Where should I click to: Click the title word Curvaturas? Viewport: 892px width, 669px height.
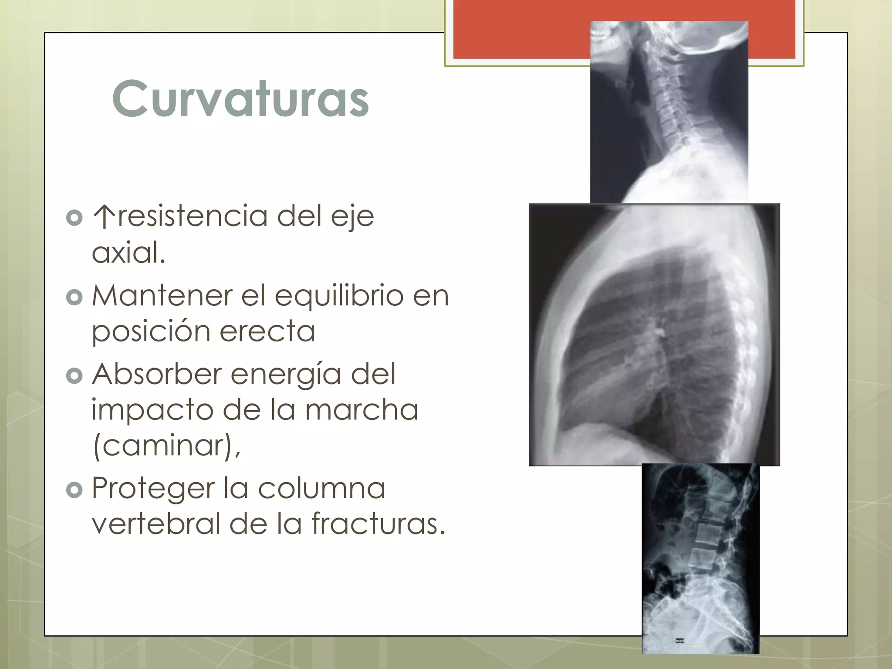click(x=240, y=99)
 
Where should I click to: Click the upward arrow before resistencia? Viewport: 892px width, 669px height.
click(x=104, y=216)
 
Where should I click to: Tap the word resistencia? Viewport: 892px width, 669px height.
click(x=193, y=216)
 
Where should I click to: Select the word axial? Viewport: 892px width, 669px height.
click(x=128, y=253)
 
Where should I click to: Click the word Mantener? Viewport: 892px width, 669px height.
click(x=162, y=296)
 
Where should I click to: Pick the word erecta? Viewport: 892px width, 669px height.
click(x=267, y=332)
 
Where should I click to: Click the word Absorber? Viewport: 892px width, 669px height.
click(x=157, y=374)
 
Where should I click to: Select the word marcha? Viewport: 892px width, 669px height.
click(x=362, y=410)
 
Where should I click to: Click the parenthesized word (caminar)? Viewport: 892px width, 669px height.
click(x=166, y=446)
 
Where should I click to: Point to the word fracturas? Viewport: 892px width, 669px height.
click(x=378, y=524)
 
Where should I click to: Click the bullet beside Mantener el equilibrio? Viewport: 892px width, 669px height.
click(x=74, y=297)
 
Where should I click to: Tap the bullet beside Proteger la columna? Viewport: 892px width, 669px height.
click(x=74, y=490)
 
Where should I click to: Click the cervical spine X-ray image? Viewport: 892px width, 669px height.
click(x=669, y=112)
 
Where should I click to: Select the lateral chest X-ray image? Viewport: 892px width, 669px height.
click(x=654, y=334)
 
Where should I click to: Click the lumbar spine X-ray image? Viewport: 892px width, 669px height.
click(x=700, y=558)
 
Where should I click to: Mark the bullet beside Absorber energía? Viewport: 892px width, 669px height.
click(x=74, y=376)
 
